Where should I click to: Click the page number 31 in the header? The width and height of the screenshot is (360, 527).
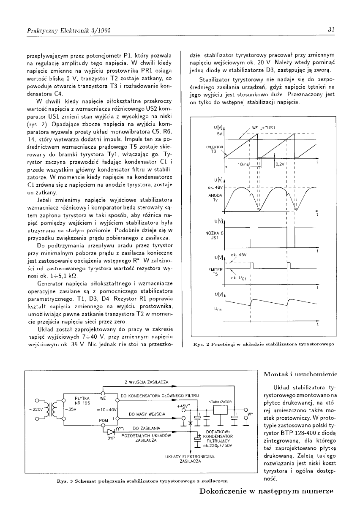point(331,30)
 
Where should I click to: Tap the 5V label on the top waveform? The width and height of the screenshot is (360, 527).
point(219,134)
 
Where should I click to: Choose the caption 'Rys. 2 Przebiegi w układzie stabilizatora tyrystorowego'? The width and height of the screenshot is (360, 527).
point(263,345)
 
